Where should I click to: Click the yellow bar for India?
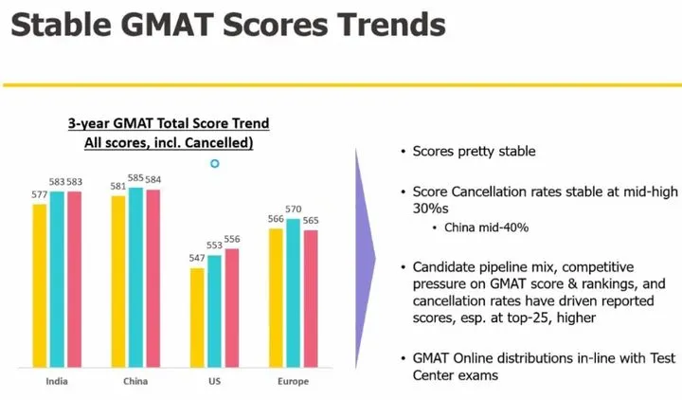tap(40, 284)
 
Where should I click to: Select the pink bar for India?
tap(74, 279)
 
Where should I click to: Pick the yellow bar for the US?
tap(197, 317)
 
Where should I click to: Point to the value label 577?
tap(40, 195)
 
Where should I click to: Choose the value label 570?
tap(294, 209)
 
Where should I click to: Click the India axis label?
tap(57, 381)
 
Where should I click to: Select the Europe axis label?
tap(293, 381)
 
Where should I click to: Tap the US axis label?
tap(214, 381)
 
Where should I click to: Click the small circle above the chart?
tap(215, 164)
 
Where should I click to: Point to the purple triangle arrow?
tap(365, 256)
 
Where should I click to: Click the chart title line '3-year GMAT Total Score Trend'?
tap(169, 123)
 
